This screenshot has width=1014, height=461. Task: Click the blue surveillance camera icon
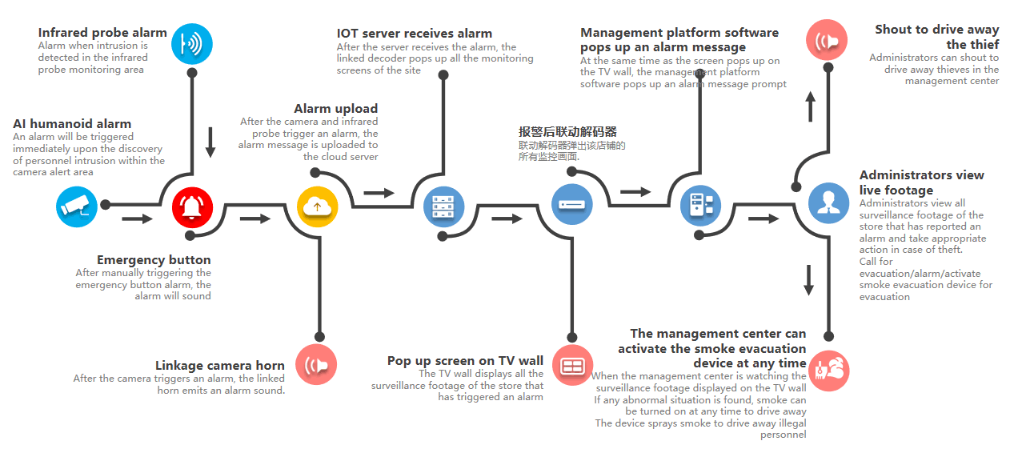[76, 206]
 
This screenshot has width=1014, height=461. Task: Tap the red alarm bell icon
[192, 206]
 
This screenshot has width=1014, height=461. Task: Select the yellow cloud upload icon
[317, 206]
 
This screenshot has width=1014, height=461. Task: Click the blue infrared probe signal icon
[192, 43]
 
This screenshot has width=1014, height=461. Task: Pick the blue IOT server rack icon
[443, 206]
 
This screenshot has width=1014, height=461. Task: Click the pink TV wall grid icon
[572, 366]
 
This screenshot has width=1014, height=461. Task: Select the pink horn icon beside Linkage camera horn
[316, 366]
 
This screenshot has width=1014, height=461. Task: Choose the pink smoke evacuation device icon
[828, 370]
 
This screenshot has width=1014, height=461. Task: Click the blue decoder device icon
[571, 204]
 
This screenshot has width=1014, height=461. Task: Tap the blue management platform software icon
[700, 205]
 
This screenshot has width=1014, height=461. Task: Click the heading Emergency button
[154, 260]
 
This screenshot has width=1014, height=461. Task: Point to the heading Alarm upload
[335, 109]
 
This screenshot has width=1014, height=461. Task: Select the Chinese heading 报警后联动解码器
[567, 132]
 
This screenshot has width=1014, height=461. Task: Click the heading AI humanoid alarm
[72, 124]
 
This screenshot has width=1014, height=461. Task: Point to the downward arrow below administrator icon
[808, 279]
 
